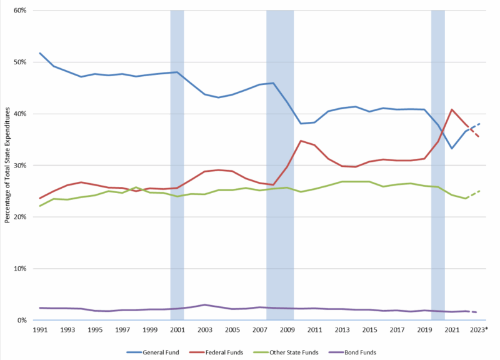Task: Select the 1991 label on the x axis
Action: tap(40, 329)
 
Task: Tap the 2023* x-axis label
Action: tap(479, 329)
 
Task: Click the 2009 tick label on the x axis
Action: tap(287, 329)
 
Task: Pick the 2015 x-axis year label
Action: tap(369, 329)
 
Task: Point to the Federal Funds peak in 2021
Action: tap(452, 109)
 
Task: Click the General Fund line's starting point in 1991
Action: tap(40, 53)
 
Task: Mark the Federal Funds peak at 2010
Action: tap(301, 141)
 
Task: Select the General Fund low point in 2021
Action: tap(452, 148)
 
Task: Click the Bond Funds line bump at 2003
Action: tap(204, 305)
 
